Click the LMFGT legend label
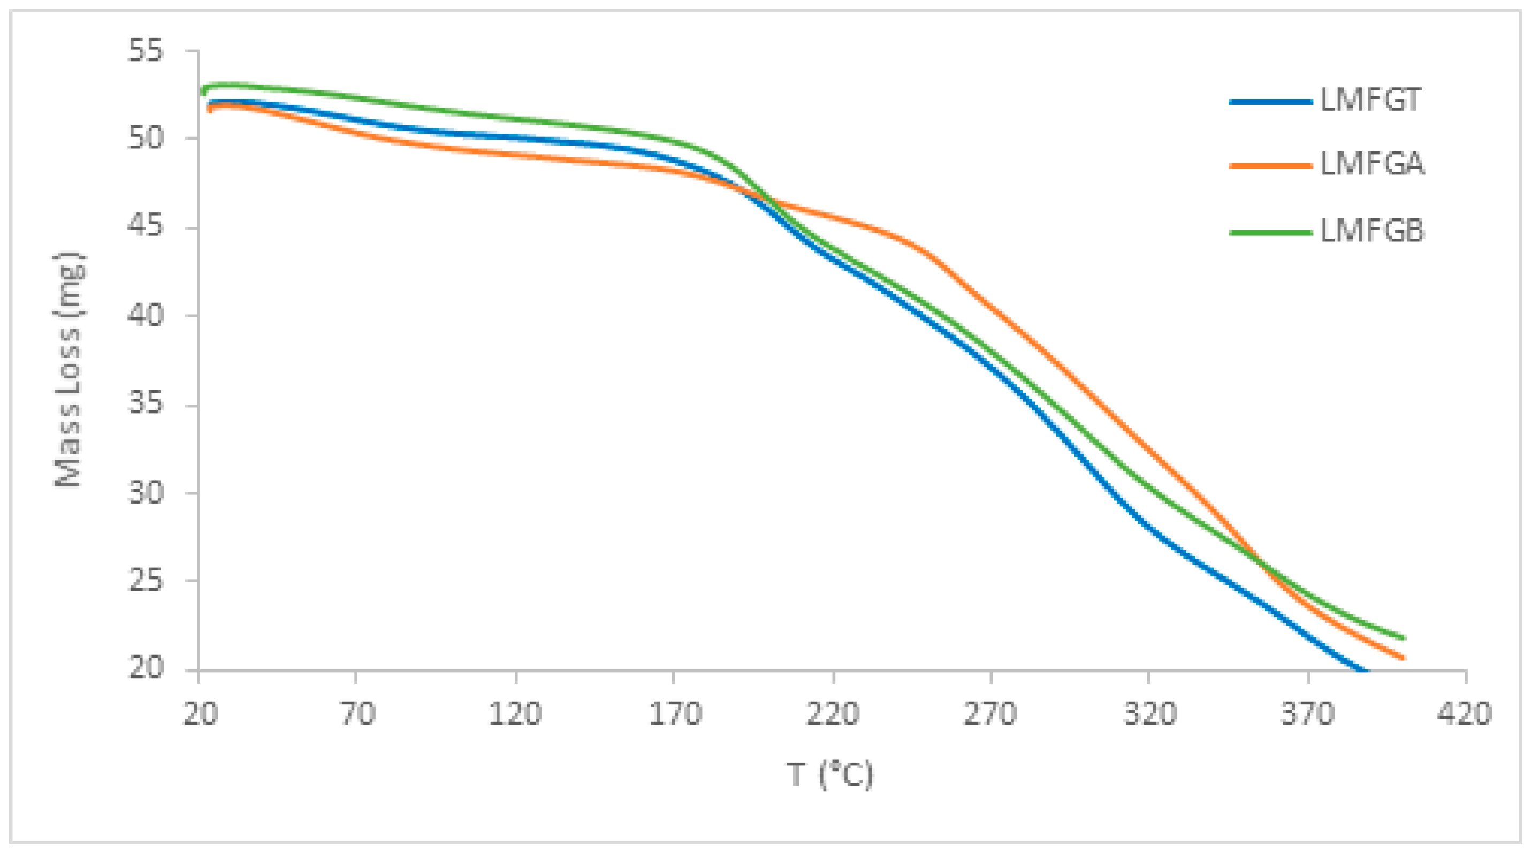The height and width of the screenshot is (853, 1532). point(1371,101)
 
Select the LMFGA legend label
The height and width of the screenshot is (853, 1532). point(1373,165)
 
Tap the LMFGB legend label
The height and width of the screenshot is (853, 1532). point(1373,231)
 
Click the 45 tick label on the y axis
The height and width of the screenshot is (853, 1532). point(145,227)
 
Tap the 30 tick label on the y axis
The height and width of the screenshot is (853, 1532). point(145,492)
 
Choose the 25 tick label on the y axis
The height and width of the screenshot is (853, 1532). point(145,580)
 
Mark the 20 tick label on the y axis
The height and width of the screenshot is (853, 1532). point(145,668)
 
